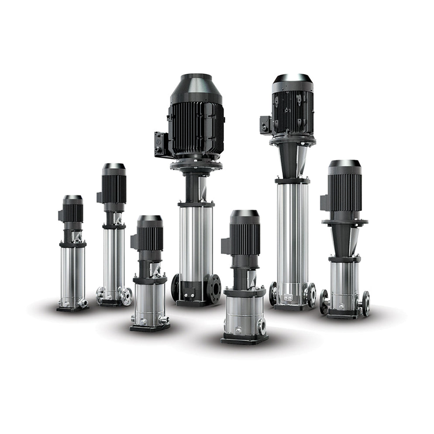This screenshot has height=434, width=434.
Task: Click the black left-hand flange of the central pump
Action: coord(176,287)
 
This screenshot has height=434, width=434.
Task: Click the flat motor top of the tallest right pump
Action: coord(292,78)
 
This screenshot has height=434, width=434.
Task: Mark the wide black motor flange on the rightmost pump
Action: coord(345,222)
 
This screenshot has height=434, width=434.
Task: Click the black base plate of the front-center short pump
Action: coord(244,338)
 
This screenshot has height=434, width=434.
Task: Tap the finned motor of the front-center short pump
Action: coord(245,238)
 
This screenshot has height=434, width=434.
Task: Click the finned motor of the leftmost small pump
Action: coord(73,212)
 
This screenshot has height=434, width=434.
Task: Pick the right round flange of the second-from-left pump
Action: coord(126,296)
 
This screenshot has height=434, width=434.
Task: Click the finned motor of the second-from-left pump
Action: coord(114,188)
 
